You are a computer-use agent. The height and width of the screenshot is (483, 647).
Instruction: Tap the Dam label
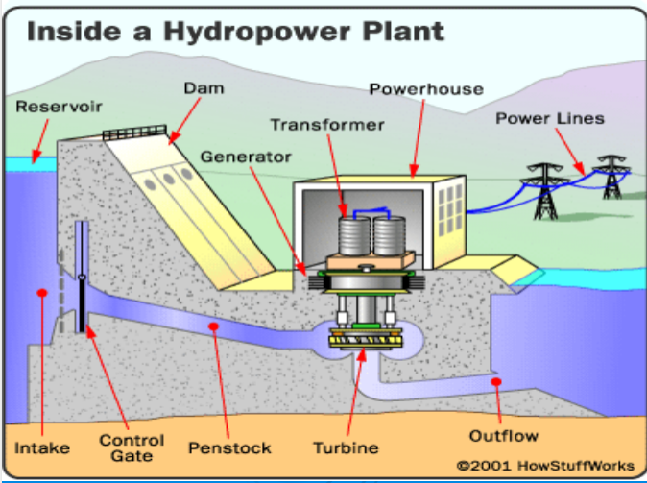coord(203,88)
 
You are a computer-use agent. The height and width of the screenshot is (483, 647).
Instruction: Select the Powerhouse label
coord(414,89)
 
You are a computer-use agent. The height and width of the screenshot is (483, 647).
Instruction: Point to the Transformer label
coord(326,125)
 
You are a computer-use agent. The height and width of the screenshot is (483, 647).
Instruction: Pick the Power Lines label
coord(550,118)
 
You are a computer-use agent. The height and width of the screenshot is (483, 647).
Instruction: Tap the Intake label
coord(37,447)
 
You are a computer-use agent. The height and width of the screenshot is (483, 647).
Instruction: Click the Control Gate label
coord(132,447)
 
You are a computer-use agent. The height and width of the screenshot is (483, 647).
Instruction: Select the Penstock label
coord(229,447)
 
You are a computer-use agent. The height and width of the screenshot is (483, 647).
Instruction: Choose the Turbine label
coord(346,447)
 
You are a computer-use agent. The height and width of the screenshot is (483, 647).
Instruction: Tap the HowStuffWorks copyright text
coord(545,465)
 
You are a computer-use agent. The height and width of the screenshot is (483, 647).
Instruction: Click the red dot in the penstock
coord(213,326)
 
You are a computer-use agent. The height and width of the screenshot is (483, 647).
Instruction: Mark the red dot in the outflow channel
coord(496,382)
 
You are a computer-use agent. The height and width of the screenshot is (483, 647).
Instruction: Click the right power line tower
coord(610,177)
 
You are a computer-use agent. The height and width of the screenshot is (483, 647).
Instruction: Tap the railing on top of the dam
coord(135,132)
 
